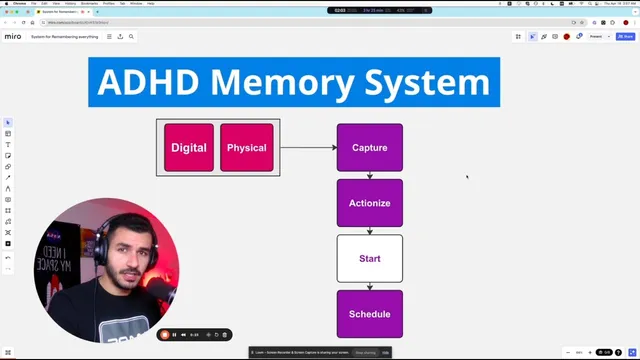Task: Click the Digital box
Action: [x=189, y=148]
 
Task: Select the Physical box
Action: [x=247, y=148]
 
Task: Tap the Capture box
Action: [x=370, y=148]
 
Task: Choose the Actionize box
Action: [x=370, y=203]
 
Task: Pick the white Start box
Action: [x=370, y=259]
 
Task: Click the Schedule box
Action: [x=370, y=314]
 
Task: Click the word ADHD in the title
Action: [x=147, y=82]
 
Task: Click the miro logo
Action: [x=13, y=36]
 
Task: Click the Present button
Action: [x=596, y=36]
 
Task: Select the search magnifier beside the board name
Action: [x=131, y=36]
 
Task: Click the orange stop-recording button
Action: [x=165, y=335]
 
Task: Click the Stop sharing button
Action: [x=364, y=352]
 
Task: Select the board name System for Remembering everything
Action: [x=66, y=36]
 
